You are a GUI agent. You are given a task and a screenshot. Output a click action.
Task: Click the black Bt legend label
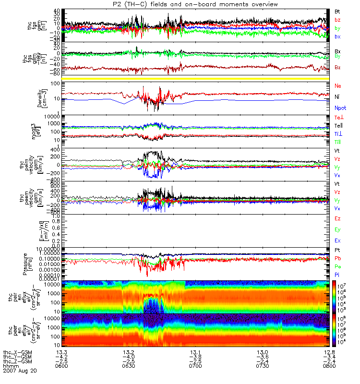(x=338, y=11)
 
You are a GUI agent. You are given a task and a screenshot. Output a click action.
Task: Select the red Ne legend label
(x=338, y=85)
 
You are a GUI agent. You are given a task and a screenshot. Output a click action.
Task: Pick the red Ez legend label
(x=338, y=218)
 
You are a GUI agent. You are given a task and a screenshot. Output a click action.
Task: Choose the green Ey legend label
(x=338, y=230)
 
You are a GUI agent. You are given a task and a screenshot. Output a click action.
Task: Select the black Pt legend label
(x=337, y=251)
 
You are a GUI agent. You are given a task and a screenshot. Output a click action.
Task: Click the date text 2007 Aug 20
(x=20, y=371)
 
